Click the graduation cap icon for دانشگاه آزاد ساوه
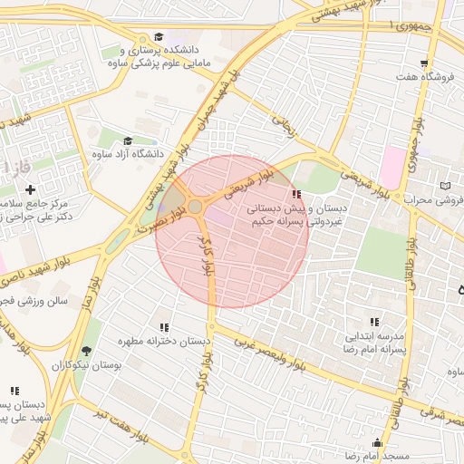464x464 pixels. pos(128,141)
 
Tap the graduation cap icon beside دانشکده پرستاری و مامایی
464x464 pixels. pos(159,37)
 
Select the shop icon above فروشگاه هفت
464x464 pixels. pos(424,64)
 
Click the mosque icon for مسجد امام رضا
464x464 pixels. pos(377,443)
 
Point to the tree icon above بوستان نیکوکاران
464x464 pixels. pos(87,351)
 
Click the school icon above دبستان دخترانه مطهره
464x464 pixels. pos(164,327)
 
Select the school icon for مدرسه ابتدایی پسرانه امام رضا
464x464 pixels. pos(373,322)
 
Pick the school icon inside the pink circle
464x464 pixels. pos(295,194)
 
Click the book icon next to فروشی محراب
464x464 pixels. pos(444,186)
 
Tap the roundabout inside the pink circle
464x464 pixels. pos(195,208)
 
